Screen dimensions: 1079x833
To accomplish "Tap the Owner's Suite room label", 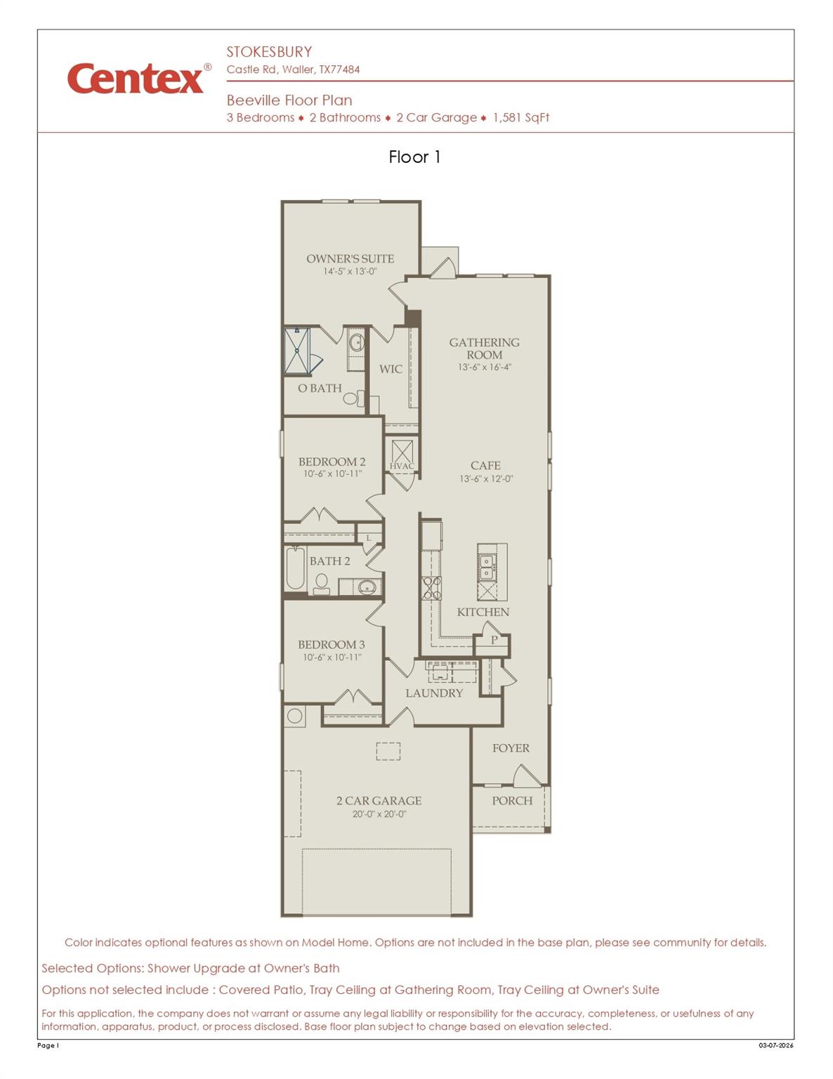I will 350,259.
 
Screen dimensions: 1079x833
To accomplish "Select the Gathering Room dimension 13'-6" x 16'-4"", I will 485,367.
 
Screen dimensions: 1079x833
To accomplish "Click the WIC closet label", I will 391,369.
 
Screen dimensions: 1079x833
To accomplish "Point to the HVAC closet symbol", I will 402,452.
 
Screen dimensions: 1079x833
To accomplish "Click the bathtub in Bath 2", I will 295,568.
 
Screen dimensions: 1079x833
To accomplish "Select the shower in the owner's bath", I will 297,350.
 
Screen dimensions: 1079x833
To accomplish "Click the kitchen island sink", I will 486,567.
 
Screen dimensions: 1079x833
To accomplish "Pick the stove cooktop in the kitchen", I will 431,587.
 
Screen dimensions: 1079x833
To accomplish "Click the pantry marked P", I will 494,640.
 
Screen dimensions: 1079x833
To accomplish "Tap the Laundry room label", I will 434,693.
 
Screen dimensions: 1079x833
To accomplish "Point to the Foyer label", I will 511,748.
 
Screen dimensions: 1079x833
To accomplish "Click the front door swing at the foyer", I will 527,776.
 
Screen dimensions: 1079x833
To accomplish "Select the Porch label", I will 512,801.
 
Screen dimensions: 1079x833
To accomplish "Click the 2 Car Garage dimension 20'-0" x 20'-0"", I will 379,814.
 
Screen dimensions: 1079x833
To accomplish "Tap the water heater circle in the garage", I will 295,716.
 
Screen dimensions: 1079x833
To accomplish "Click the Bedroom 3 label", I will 332,644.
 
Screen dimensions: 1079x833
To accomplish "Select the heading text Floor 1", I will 414,157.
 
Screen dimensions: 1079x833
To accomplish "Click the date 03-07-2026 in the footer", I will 775,1045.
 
